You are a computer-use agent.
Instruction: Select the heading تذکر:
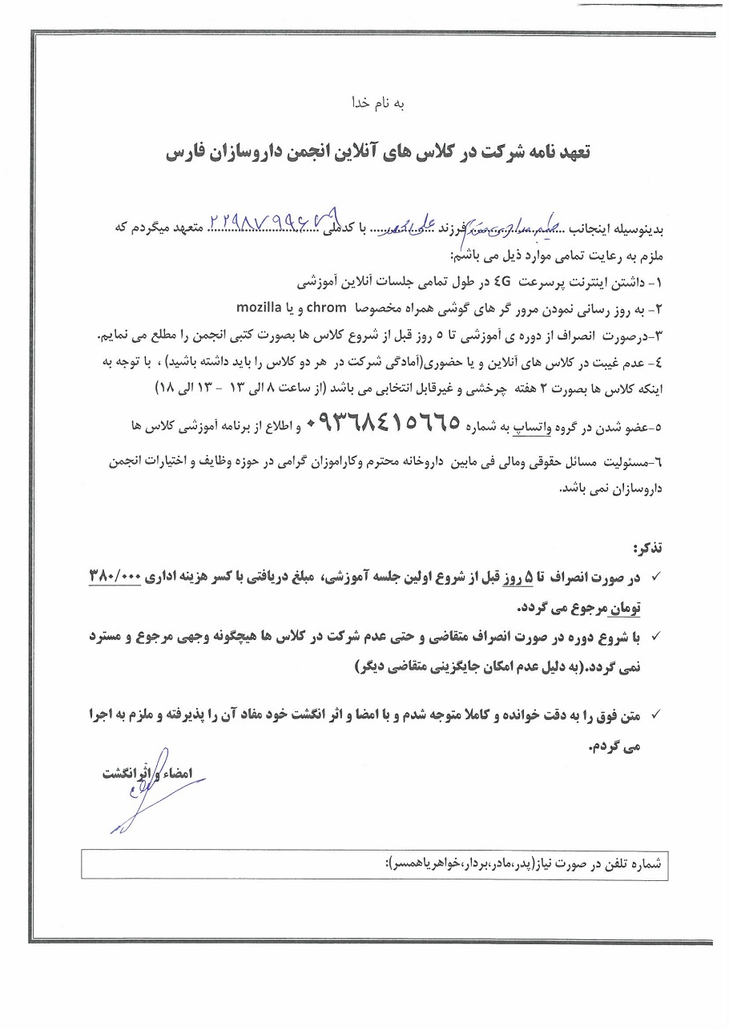(x=649, y=549)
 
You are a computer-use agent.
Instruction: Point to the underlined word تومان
(x=627, y=608)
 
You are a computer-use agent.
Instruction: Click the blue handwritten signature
(x=144, y=789)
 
